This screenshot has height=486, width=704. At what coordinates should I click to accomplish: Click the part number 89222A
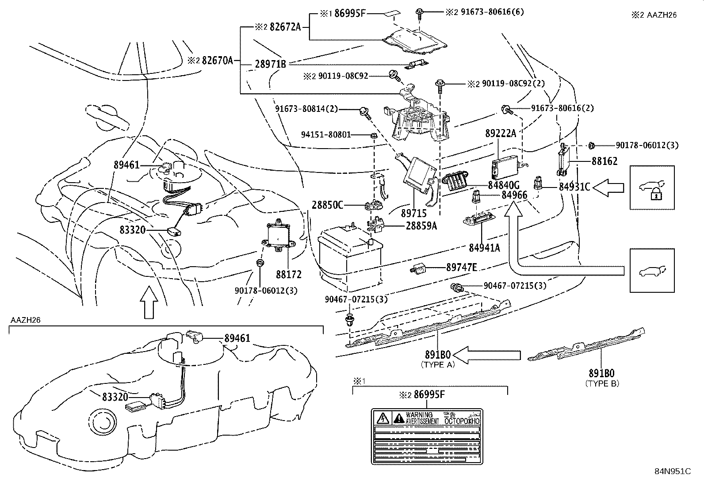coord(501,133)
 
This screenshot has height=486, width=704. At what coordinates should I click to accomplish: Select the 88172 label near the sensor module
coord(289,275)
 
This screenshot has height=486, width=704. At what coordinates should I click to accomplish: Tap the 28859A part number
coord(421,226)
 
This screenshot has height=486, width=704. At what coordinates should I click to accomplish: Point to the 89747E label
coord(462,267)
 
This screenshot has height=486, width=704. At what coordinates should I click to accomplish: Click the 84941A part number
coord(484,248)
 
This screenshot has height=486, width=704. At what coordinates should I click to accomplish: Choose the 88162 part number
coord(605,161)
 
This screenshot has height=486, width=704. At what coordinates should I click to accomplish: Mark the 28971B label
coord(270,64)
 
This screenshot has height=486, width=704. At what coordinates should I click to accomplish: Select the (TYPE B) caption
coord(602,383)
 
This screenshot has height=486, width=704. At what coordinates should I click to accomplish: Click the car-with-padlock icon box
coord(652,188)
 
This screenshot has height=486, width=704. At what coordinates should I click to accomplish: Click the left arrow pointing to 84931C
coord(608,188)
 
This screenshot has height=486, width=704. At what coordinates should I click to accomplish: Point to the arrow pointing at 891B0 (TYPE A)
coord(487,355)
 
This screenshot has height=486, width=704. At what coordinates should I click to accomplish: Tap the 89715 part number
coord(413,213)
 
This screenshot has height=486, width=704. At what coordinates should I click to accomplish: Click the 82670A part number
coord(217,61)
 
